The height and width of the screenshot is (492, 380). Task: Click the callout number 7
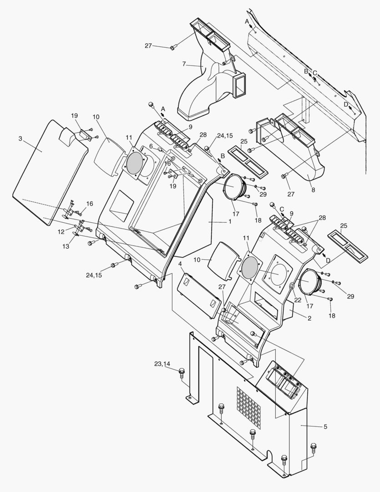184,64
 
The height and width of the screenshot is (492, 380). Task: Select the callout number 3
20,138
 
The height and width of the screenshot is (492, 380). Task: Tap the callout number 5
325,426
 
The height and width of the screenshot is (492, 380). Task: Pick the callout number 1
230,221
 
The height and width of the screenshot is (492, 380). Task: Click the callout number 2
309,318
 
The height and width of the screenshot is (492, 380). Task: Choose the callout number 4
181,264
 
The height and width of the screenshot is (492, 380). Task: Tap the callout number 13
66,246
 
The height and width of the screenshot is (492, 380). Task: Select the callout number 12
61,231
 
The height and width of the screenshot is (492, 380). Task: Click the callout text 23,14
162,364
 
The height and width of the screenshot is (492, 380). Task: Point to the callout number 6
151,146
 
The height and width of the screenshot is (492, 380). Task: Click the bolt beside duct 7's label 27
173,47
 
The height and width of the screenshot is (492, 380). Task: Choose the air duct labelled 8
300,155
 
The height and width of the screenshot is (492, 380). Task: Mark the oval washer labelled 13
76,235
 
